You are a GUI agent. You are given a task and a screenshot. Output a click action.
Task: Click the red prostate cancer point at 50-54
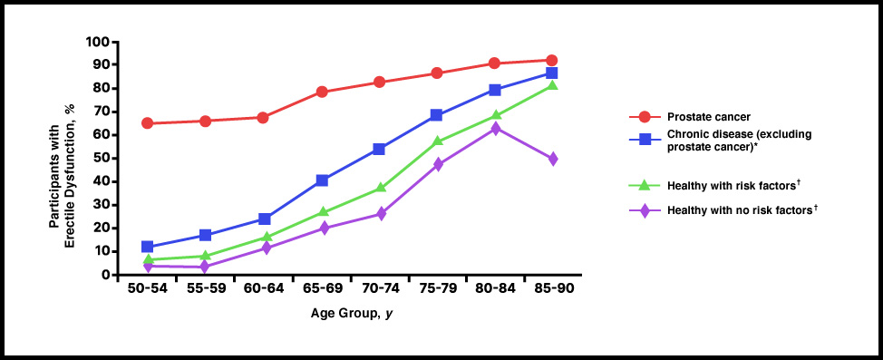pos(147,123)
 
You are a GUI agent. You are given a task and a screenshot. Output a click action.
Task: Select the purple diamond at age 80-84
pos(494,129)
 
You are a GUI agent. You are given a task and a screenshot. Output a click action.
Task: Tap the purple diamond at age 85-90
pos(551,159)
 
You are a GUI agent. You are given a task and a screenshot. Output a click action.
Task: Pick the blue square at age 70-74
pos(379,149)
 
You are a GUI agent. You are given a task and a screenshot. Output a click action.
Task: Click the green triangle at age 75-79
pos(437,141)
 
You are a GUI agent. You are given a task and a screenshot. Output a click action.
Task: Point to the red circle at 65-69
pos(322,92)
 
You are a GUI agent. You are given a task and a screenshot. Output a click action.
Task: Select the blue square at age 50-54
pos(147,247)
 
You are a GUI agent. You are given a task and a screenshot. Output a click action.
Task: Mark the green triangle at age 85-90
pos(551,86)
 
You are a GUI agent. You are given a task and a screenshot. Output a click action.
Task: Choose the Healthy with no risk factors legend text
pos(733,210)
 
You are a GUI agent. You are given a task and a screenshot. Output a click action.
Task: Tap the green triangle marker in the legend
pos(645,185)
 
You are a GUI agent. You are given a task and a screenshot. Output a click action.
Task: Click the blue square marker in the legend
pos(645,140)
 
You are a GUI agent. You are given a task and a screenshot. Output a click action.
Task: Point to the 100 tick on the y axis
pos(97,42)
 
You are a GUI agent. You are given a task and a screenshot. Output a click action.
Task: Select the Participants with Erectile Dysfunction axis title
pos(64,159)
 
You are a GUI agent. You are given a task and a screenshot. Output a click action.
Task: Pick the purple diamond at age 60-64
pos(264,248)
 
